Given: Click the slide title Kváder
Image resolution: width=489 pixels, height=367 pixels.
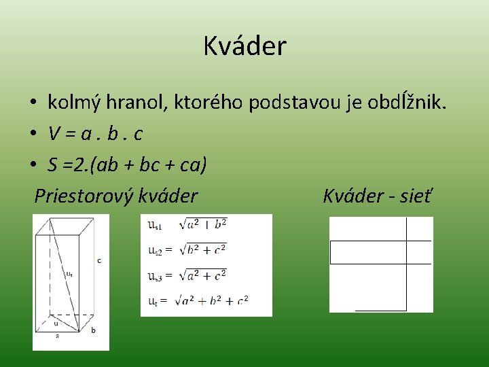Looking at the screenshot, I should coord(244,46).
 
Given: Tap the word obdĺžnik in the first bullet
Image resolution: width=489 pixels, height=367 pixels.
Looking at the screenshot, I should coord(406,103).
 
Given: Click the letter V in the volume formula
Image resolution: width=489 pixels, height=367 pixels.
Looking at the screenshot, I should coord(54,134).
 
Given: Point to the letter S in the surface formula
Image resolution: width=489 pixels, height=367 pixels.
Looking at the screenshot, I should coord(53,164).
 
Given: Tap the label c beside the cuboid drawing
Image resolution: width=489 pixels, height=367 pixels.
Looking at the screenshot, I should coord(99,260).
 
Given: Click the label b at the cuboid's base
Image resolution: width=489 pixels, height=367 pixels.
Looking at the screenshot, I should coord(93,330).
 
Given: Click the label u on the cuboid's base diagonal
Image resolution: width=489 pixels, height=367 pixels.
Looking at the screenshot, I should coord(56,323).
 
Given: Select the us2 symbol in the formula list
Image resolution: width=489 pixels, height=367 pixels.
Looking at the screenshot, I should coord(156,249).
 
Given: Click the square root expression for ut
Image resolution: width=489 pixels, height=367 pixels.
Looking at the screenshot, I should coord(212,299).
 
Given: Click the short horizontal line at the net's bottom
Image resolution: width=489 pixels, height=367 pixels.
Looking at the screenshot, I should coord(380,310).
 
